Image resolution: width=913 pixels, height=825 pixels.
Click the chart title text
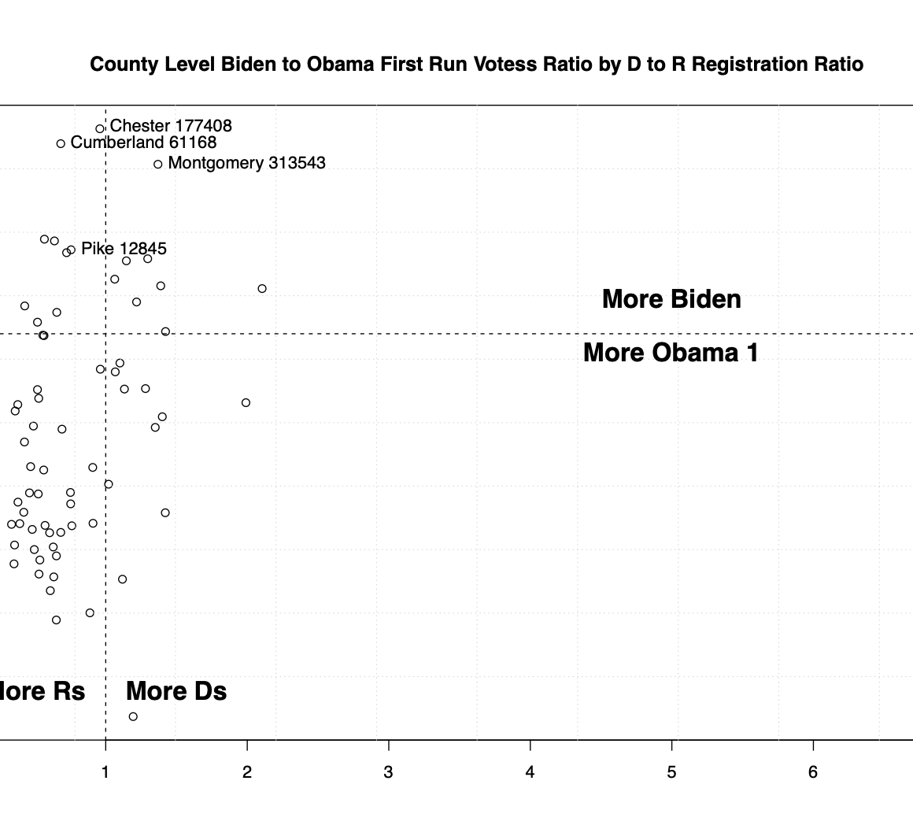[476, 65]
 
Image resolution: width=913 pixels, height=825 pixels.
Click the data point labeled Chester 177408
[100, 128]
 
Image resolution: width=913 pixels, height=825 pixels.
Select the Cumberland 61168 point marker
[61, 143]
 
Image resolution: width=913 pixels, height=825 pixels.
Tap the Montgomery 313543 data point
[158, 164]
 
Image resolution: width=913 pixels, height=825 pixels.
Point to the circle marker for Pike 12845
[72, 250]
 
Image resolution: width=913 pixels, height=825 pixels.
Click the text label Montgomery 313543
[246, 163]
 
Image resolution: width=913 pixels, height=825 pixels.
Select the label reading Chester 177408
[171, 126]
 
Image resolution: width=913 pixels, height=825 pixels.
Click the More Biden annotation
[671, 299]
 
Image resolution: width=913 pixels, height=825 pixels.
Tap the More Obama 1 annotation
[671, 353]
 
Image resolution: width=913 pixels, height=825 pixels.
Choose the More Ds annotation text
[176, 691]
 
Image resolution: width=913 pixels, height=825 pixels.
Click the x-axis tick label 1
[105, 773]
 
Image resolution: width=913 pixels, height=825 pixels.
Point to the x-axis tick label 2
[247, 773]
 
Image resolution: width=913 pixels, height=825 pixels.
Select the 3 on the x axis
[389, 773]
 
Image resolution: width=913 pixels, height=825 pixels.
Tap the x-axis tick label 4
[530, 773]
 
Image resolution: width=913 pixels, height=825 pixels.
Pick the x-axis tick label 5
[671, 773]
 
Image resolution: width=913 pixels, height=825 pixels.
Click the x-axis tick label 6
[813, 773]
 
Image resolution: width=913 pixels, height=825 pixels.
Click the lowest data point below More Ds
[133, 716]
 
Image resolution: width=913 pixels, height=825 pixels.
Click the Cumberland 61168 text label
[143, 142]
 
